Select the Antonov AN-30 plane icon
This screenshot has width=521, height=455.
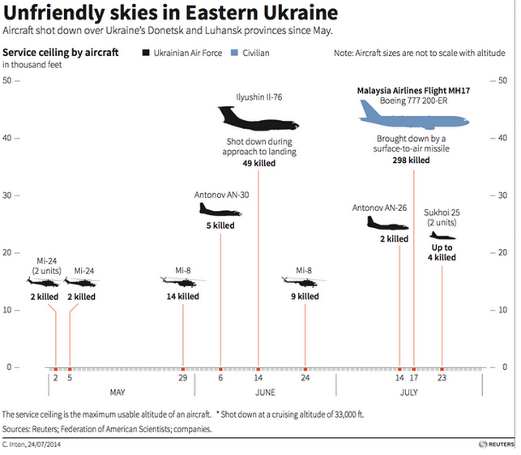point(220,209)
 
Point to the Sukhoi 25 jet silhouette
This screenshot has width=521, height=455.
point(442,236)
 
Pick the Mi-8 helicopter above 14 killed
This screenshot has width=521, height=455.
point(182,282)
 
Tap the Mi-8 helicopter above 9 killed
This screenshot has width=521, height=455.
point(304,281)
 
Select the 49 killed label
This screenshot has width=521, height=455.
point(258,163)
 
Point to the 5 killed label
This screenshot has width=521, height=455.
point(220,225)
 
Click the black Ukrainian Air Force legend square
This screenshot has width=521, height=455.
point(145,54)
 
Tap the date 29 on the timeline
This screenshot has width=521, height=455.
point(183,378)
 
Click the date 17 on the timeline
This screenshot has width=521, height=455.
point(414,378)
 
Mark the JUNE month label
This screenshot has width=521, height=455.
point(266,393)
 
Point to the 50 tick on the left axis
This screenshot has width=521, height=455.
point(7,81)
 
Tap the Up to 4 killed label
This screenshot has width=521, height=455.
point(442,252)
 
